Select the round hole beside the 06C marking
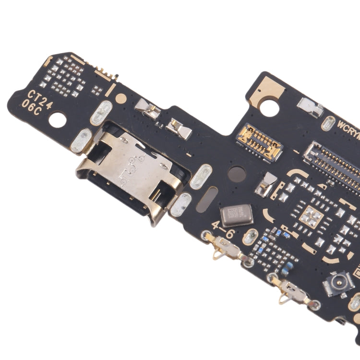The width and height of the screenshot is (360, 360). click(57, 119)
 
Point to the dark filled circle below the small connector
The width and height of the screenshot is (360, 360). click(237, 173)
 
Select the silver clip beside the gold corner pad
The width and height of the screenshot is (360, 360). click(310, 107)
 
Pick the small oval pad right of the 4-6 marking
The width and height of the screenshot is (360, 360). click(250, 237)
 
